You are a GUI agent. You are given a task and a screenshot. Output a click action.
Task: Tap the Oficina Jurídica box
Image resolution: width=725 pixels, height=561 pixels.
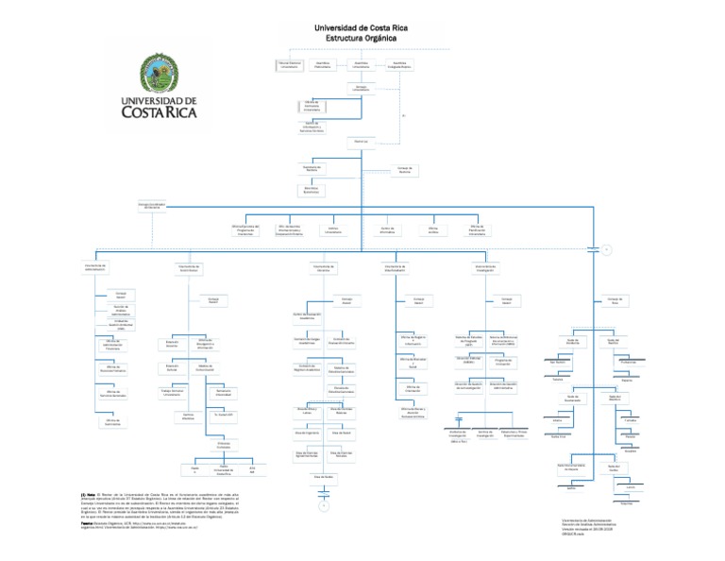(433, 229)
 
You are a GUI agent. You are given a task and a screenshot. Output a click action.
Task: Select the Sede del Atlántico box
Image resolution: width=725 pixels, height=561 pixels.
(615, 399)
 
